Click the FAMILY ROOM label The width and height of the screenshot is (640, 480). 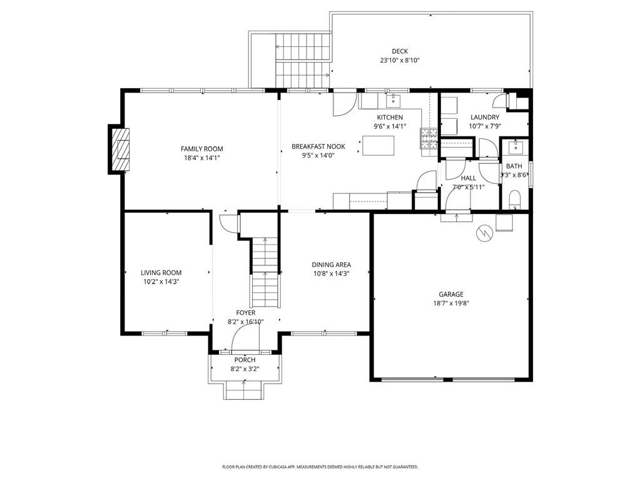201,149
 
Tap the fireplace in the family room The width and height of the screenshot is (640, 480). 119,149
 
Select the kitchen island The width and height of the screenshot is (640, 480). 378,146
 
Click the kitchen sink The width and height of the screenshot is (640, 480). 393,99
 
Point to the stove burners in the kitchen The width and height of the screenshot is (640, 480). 429,138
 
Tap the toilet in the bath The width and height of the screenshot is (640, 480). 516,200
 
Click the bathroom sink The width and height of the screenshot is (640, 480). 516,147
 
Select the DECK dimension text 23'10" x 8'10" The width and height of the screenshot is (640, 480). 400,61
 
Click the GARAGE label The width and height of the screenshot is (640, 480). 451,294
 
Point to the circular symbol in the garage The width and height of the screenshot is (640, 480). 483,233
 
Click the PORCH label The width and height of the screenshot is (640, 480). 245,360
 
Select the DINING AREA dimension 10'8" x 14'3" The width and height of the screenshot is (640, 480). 332,273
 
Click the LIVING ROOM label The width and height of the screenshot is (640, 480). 161,273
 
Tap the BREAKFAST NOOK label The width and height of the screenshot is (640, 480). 318,146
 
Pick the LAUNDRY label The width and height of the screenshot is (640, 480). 485,117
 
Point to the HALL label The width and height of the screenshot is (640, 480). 469,178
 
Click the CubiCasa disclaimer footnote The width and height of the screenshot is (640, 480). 320,467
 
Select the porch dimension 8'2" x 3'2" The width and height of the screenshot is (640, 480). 245,369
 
